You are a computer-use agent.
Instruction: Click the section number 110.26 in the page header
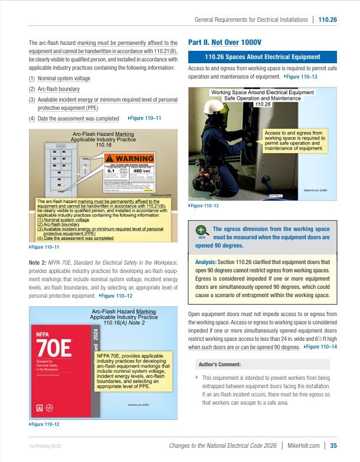coord(327,19)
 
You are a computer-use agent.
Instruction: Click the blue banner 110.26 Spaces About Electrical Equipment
coord(262,57)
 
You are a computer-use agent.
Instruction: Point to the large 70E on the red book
coord(54,345)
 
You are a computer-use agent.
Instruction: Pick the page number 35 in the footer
coord(333,445)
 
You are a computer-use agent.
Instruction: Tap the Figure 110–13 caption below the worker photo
coord(204,205)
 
